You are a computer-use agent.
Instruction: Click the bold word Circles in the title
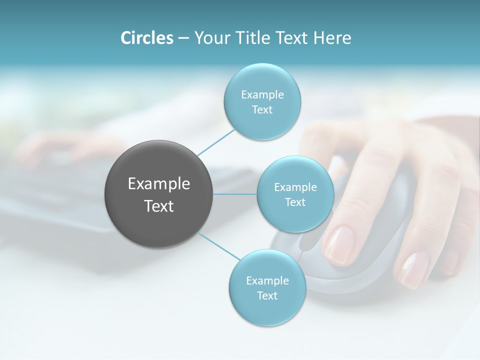147,38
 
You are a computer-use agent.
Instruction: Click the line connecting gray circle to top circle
216,141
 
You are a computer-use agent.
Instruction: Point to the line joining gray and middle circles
235,194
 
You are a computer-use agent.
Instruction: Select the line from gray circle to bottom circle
219,245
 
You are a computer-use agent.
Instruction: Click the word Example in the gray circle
159,184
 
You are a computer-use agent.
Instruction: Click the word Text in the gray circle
159,206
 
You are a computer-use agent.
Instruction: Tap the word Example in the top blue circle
262,94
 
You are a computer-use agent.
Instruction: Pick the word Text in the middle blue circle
295,202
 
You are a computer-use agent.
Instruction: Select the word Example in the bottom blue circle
267,280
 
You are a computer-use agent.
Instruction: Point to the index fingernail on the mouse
340,245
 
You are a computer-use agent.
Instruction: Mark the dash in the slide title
183,38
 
